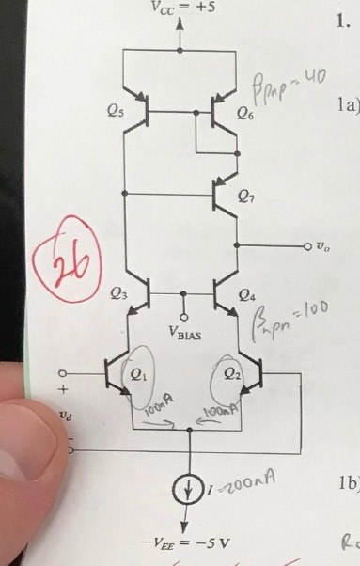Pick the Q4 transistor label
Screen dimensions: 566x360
[x=246, y=294]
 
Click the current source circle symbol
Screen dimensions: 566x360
[x=191, y=491]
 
